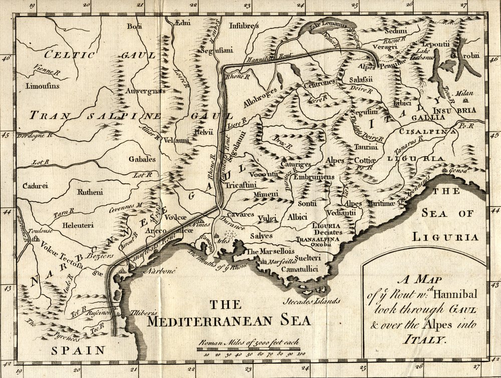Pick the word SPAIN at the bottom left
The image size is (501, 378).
[x=79, y=350]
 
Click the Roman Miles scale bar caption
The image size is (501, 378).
[x=248, y=342]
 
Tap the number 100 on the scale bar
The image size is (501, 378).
[x=301, y=354]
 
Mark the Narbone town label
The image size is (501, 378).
[x=161, y=271]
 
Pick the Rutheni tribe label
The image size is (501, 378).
[x=90, y=191]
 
